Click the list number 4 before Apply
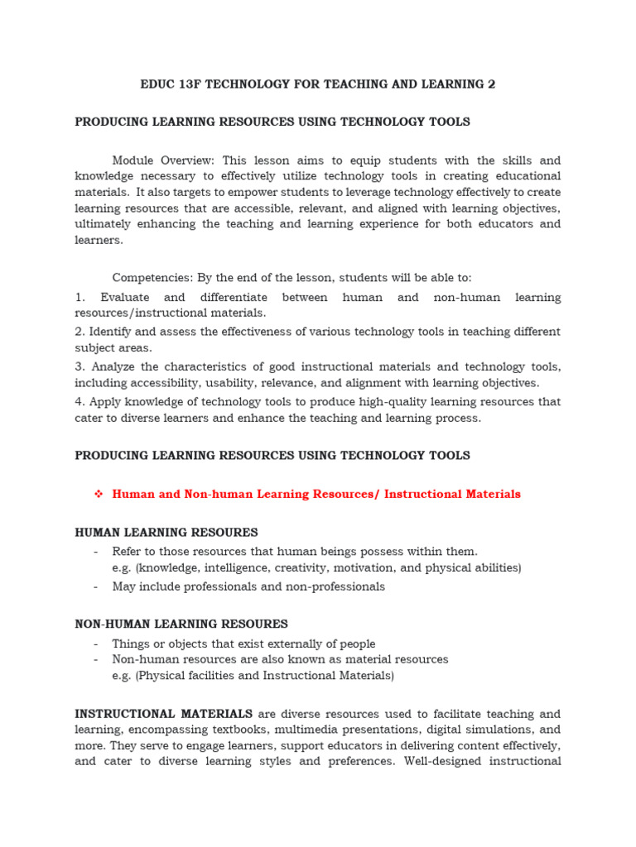click(79, 401)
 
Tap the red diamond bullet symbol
click(98, 494)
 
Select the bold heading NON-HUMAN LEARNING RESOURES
click(181, 624)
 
